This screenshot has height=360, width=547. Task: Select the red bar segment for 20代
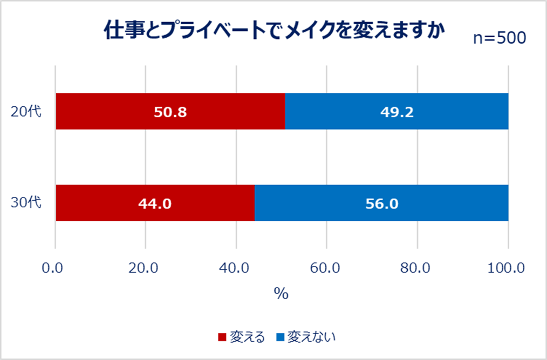click(108, 111)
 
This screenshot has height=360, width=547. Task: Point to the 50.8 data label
click(170, 112)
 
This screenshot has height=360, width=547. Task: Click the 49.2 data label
click(396, 112)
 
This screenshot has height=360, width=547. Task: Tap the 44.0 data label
click(155, 203)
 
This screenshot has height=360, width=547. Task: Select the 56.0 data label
click(381, 203)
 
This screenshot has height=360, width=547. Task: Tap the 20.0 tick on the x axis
click(145, 268)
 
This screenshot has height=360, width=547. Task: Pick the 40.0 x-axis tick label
click(236, 268)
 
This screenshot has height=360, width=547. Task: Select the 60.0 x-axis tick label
click(327, 268)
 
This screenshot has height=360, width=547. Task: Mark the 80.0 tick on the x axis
click(418, 268)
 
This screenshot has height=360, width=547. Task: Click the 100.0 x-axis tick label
click(507, 268)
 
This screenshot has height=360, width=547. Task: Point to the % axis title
click(281, 293)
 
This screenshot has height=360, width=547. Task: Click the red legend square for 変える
click(222, 337)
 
